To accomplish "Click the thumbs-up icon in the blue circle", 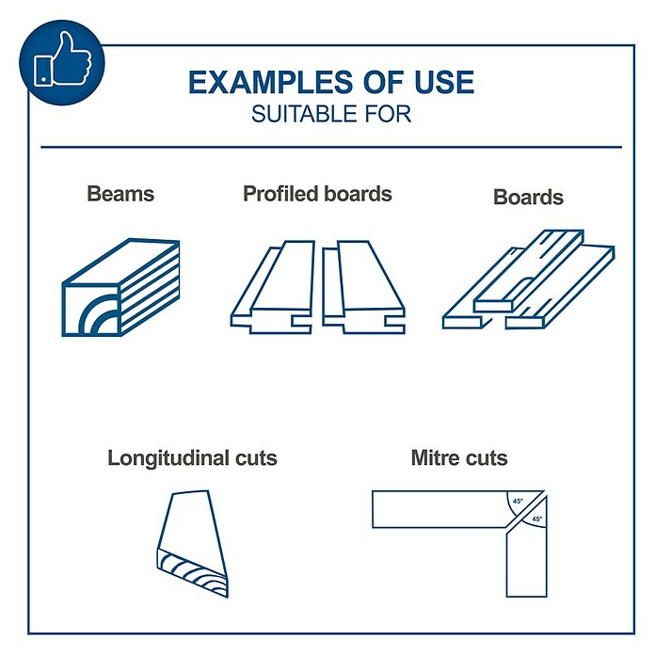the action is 63,61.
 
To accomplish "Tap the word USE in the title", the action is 444,82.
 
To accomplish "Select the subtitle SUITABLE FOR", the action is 331,114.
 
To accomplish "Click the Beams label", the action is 120,194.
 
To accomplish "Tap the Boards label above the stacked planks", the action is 528,198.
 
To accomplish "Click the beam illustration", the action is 120,287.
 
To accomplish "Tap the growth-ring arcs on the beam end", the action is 99,315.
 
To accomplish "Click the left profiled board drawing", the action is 272,287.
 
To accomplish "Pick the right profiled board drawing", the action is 363,287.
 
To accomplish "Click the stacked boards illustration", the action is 529,280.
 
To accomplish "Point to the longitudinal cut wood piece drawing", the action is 193,544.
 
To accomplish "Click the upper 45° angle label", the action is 518,501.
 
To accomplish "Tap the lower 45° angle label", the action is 536,519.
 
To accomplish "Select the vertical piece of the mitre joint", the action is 527,555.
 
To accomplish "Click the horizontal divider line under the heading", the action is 331,147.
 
